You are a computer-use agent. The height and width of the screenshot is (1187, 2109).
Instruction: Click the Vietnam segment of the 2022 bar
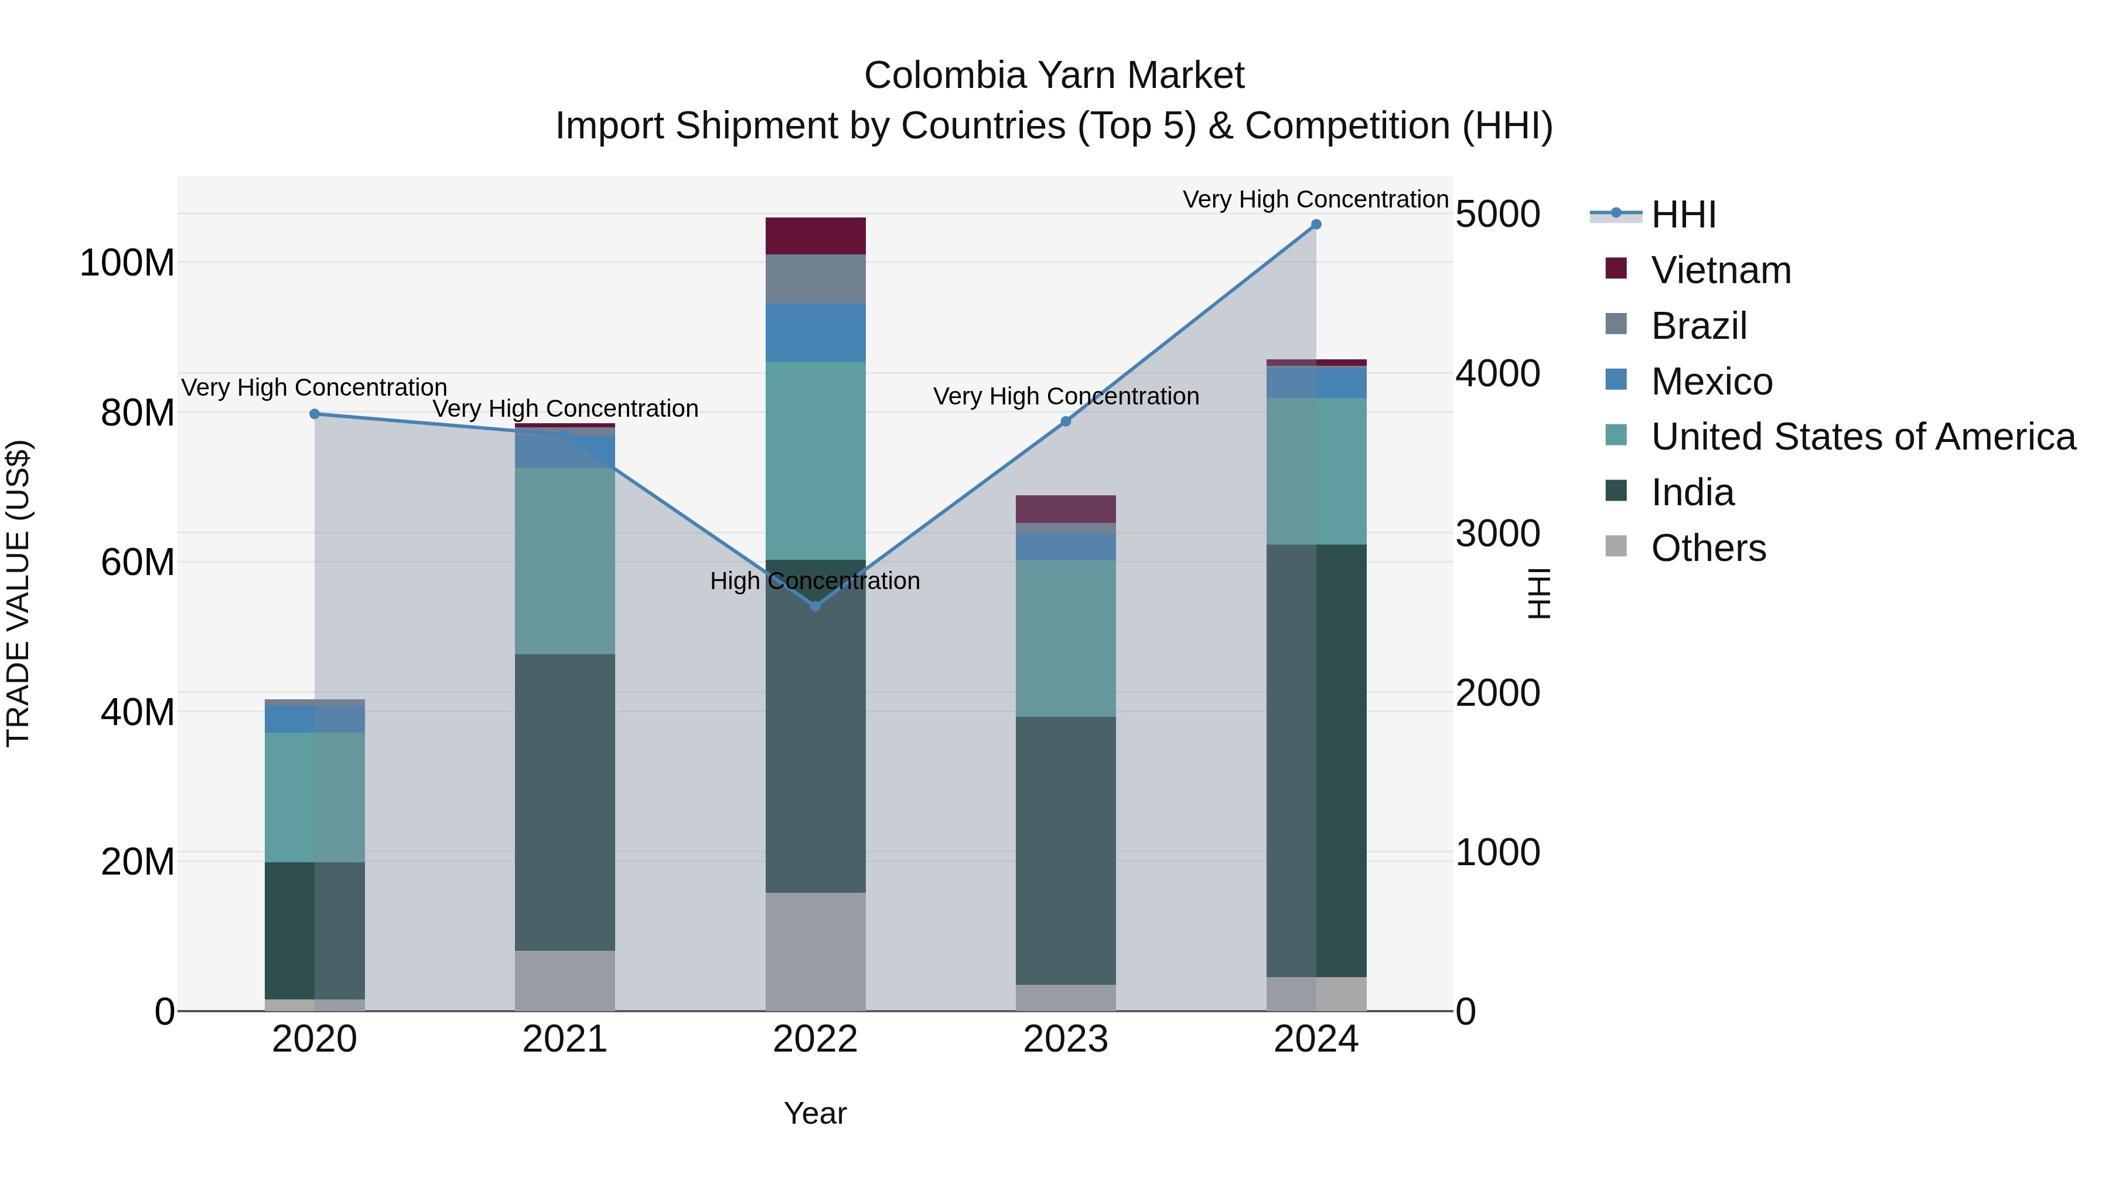pyautogui.click(x=815, y=236)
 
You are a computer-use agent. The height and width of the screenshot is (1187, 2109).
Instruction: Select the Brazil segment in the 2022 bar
pyautogui.click(x=815, y=280)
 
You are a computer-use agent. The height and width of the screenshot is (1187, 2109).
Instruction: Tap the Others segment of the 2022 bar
pyautogui.click(x=815, y=951)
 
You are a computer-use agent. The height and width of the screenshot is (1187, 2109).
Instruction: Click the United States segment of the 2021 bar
pyautogui.click(x=565, y=561)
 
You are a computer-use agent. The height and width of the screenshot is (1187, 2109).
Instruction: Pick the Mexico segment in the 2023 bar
pyautogui.click(x=1065, y=546)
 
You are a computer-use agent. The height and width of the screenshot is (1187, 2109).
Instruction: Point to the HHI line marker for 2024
pyautogui.click(x=1316, y=225)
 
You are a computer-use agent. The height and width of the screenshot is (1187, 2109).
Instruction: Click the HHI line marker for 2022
pyautogui.click(x=815, y=606)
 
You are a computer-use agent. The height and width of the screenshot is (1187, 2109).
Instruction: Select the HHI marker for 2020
pyautogui.click(x=315, y=414)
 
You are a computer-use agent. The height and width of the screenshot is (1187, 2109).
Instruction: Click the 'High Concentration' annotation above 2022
pyautogui.click(x=815, y=581)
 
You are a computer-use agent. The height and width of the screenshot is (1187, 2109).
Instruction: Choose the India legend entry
pyautogui.click(x=1692, y=492)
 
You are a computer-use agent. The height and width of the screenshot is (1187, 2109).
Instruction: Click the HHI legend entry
pyautogui.click(x=1683, y=215)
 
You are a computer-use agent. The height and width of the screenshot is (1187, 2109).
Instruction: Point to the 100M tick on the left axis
pyautogui.click(x=127, y=263)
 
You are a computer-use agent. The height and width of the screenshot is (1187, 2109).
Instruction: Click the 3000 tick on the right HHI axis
pyautogui.click(x=1497, y=533)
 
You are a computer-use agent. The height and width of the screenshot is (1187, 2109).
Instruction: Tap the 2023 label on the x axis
pyautogui.click(x=1065, y=1039)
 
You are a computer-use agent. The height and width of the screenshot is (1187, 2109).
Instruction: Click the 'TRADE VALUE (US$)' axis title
pyautogui.click(x=19, y=593)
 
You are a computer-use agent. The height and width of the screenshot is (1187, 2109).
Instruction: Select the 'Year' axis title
pyautogui.click(x=815, y=1113)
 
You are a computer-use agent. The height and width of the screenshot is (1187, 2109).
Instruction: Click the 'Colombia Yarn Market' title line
pyautogui.click(x=1054, y=76)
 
